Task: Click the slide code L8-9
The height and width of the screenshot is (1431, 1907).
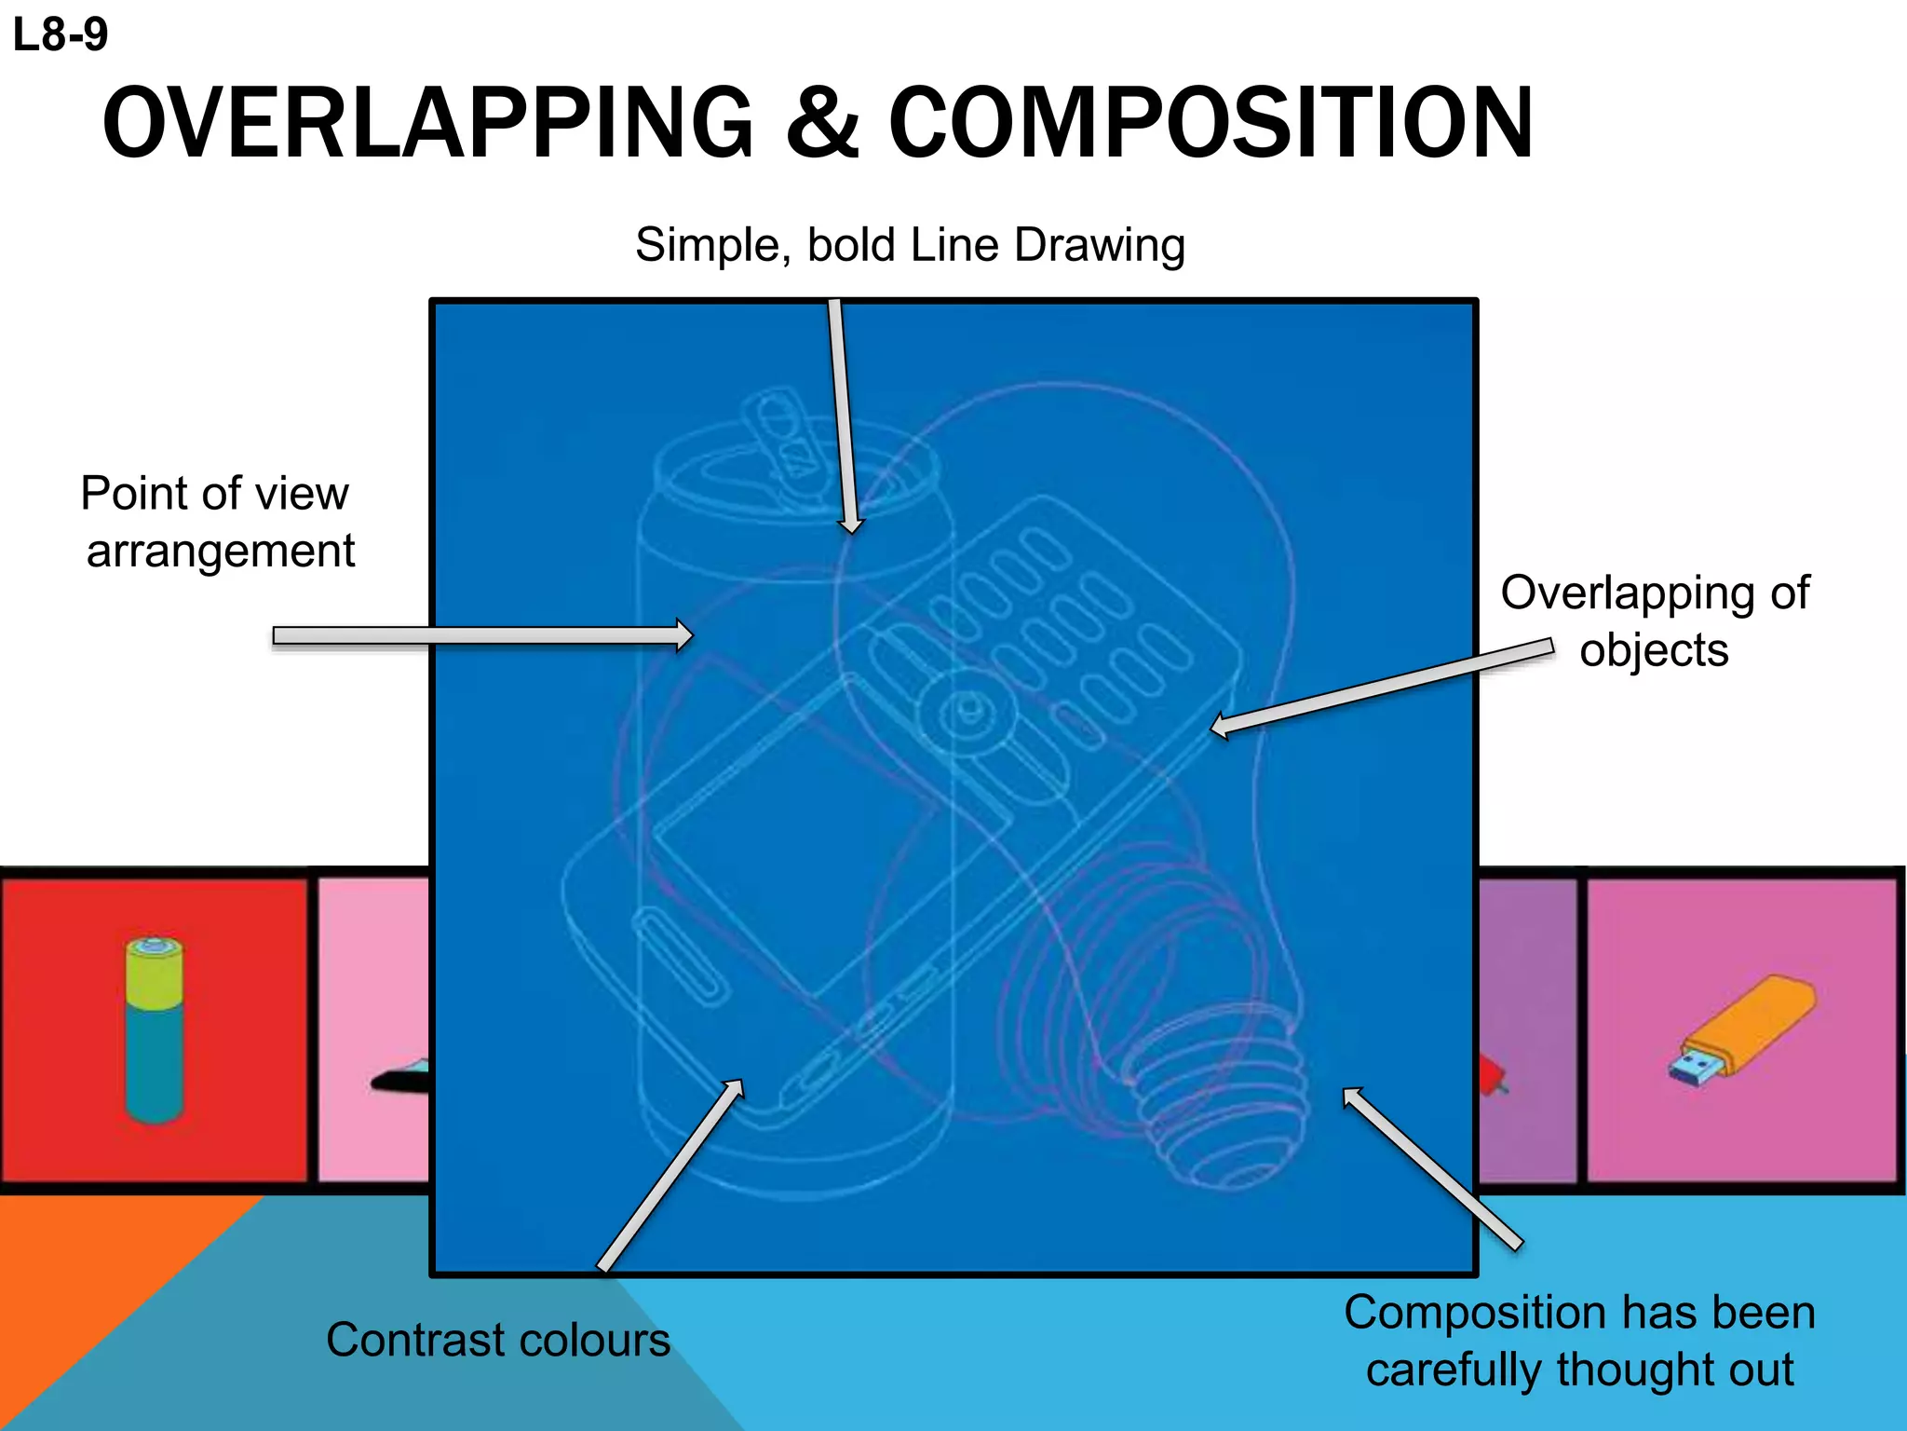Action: [61, 35]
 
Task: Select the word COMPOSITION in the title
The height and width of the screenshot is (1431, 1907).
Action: [1210, 123]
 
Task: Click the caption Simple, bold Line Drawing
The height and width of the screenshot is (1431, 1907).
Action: [910, 245]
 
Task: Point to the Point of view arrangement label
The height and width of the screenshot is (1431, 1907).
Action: [217, 522]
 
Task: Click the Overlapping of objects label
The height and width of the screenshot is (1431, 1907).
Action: [1654, 620]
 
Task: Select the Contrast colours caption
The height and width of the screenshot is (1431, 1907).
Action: [497, 1340]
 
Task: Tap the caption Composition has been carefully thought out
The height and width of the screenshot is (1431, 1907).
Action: [1579, 1342]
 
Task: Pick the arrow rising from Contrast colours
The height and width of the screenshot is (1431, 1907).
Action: [670, 1176]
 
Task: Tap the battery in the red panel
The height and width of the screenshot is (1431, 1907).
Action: [155, 1029]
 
